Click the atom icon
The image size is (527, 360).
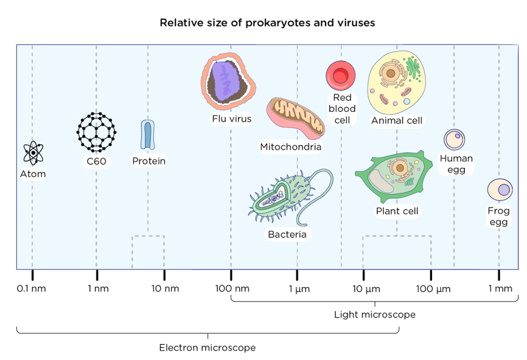(33, 153)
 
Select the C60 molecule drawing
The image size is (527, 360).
(97, 132)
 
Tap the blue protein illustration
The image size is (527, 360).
(148, 135)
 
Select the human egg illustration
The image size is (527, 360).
(454, 140)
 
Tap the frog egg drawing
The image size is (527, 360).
(500, 190)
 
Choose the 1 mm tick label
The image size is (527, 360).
(500, 289)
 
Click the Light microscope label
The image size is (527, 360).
(374, 315)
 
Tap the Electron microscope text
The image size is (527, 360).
(207, 347)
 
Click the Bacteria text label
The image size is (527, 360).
(287, 235)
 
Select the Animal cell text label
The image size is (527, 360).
(396, 121)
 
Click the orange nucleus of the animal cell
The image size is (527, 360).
(389, 75)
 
